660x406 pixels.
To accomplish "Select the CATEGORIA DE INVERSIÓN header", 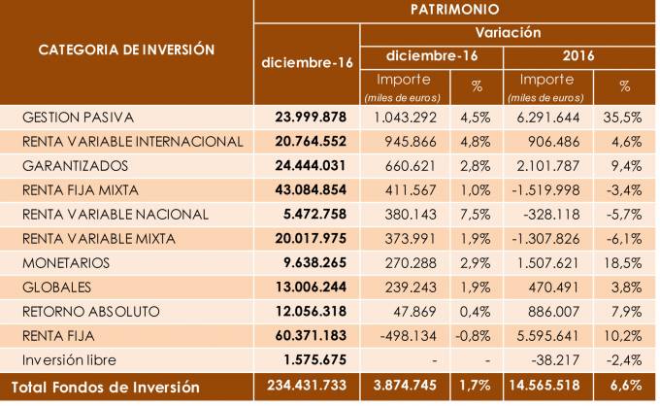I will (126, 49).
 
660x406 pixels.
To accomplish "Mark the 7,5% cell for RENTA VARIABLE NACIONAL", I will (478, 213).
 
